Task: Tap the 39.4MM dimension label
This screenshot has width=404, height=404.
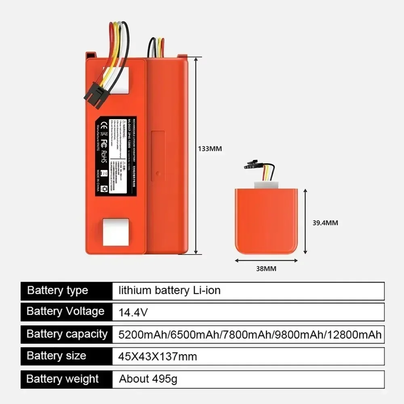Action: [x=325, y=223]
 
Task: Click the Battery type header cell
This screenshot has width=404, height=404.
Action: [x=57, y=290]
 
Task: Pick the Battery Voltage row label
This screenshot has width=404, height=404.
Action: [x=65, y=311]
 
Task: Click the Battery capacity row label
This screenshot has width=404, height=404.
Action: [x=67, y=334]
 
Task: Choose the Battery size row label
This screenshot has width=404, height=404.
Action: [x=56, y=356]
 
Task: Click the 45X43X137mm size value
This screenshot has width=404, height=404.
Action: [x=158, y=356]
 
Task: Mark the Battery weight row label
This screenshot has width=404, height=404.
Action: [x=63, y=379]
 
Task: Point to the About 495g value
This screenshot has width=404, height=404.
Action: [x=148, y=379]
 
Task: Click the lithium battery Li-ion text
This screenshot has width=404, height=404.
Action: [x=170, y=290]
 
